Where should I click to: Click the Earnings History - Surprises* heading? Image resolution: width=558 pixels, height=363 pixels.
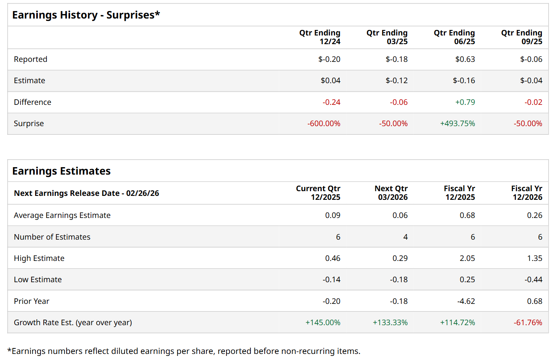click(86, 15)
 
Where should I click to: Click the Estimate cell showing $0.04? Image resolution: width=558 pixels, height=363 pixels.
click(330, 80)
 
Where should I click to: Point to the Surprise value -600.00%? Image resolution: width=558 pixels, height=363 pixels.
click(323, 123)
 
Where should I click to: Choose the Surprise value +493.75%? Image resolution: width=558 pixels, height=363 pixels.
click(457, 123)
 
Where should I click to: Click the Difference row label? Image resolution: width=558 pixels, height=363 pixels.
click(32, 102)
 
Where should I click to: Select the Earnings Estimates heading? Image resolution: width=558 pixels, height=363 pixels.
click(61, 171)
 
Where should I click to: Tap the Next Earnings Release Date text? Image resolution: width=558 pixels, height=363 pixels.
click(86, 193)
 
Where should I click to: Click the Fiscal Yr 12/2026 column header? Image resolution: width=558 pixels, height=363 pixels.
click(526, 193)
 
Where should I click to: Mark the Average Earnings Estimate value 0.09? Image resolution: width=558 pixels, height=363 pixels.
click(332, 215)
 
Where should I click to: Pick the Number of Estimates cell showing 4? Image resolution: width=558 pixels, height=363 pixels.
click(405, 237)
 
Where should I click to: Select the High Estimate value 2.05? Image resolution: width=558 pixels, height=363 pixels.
click(467, 258)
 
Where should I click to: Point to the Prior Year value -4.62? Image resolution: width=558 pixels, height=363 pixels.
click(466, 301)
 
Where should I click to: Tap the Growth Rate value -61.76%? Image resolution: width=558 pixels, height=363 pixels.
click(528, 322)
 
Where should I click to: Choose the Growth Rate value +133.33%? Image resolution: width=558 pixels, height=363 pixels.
click(390, 322)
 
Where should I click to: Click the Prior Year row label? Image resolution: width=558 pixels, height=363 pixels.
click(32, 301)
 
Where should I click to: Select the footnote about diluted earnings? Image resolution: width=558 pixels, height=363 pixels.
click(184, 351)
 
